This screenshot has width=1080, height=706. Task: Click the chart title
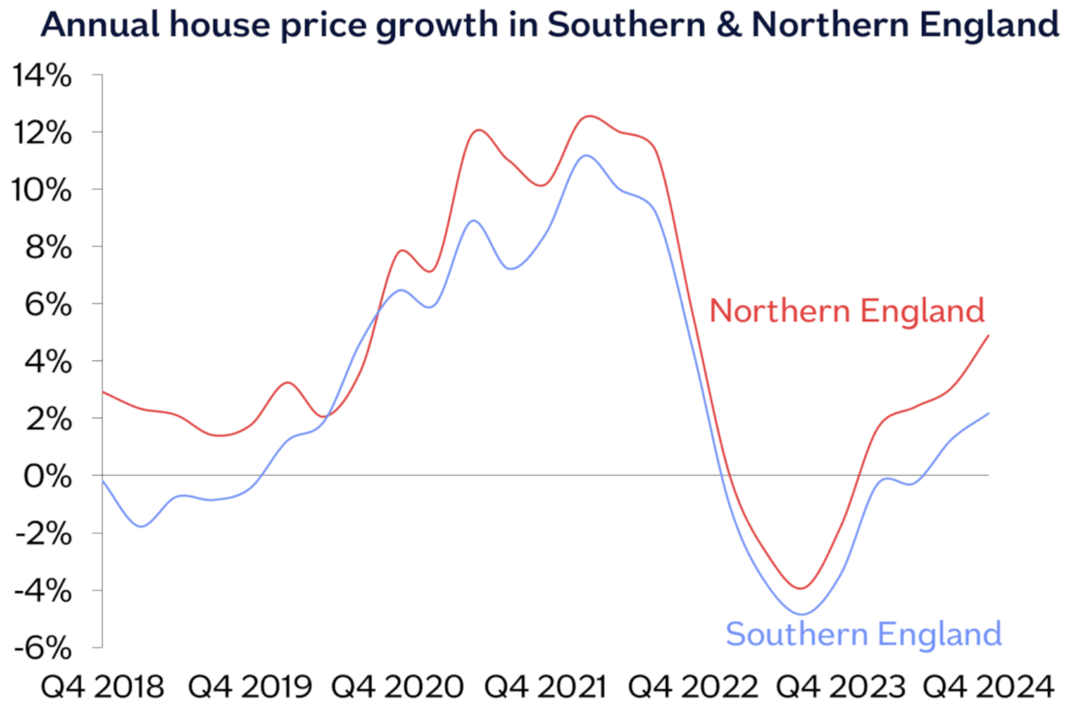pos(550,25)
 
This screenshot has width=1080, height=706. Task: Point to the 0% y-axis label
pos(48,476)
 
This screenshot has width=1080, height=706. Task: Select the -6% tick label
pos(43,648)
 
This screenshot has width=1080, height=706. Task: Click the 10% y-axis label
pos(42,190)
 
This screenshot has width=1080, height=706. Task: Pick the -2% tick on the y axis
pos(43,534)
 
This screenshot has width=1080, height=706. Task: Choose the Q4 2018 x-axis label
pos(102,687)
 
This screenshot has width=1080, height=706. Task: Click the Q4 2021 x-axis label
pos(546,687)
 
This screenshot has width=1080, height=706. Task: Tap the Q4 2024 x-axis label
pos(988,687)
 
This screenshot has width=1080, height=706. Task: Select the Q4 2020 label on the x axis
pos(397,687)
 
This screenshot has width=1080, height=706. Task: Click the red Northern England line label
pos(847,311)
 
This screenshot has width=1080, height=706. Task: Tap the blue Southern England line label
pos(863,634)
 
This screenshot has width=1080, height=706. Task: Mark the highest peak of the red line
pos(589,116)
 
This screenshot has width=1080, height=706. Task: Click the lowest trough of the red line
pos(800,588)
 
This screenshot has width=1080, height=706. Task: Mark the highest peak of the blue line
pos(587,155)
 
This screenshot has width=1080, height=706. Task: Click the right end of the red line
pos(988,336)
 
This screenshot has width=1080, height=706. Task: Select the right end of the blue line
pos(988,413)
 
